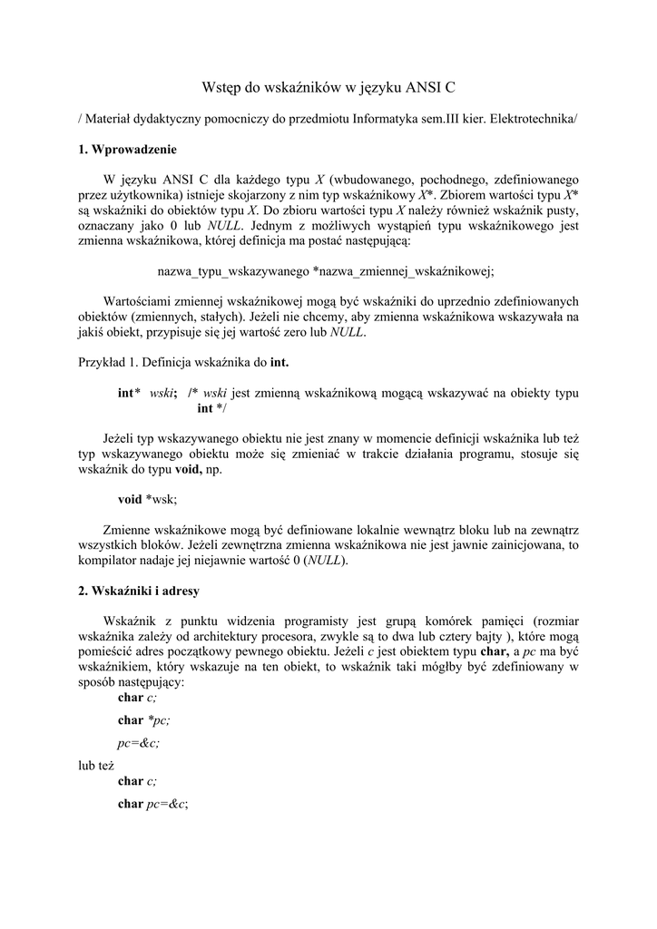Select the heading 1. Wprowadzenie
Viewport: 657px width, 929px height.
point(127,150)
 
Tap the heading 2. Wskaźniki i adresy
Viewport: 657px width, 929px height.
point(132,591)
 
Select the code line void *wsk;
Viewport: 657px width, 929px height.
point(148,499)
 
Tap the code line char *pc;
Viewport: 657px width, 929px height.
point(143,720)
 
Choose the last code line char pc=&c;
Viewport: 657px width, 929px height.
point(152,804)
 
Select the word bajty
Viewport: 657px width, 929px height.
point(493,637)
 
